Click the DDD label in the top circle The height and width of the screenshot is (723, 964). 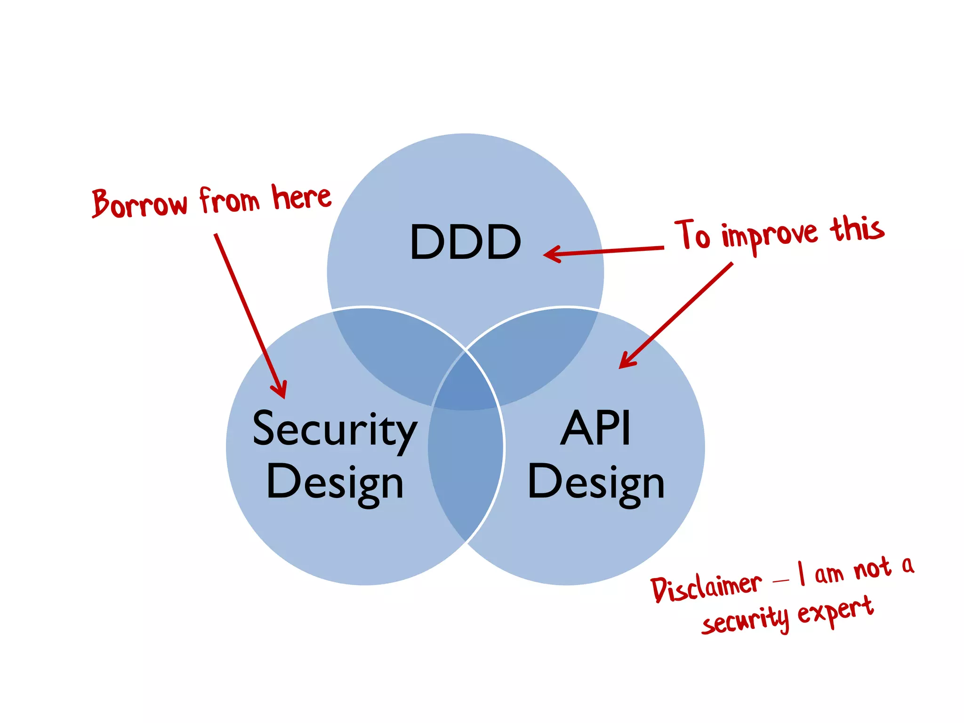[465, 242]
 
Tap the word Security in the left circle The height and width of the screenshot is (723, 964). [335, 429]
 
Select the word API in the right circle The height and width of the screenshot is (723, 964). [595, 428]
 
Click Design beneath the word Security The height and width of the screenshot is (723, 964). [335, 483]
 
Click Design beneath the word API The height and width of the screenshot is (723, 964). [596, 483]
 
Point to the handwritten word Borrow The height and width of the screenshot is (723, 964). [139, 203]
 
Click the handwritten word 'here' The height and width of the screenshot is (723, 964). [301, 198]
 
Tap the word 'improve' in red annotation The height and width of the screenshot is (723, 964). [770, 235]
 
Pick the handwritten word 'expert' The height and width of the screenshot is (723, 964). [835, 612]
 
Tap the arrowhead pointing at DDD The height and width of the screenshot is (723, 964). [551, 254]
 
